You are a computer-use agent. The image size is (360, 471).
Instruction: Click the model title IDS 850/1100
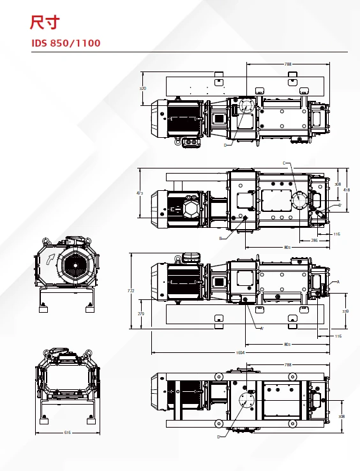click(66, 43)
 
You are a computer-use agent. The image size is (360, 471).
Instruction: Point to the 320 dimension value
click(143, 87)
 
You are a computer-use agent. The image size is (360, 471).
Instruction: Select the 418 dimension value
click(347, 190)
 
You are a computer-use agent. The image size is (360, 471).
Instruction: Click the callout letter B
click(220, 238)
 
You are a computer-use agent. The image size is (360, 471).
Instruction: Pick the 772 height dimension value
click(131, 291)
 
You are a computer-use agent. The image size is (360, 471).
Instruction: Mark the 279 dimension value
click(141, 313)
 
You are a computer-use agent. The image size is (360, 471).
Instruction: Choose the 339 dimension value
click(345, 311)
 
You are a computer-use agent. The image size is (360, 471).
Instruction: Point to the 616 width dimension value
click(68, 432)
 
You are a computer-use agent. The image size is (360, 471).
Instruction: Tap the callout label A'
click(262, 328)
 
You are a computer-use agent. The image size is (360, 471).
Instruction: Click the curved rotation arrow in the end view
click(49, 259)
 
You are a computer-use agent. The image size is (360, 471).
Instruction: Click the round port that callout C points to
click(300, 200)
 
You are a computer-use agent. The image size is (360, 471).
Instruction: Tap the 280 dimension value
click(314, 241)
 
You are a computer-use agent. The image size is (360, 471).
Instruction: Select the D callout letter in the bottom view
click(218, 437)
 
